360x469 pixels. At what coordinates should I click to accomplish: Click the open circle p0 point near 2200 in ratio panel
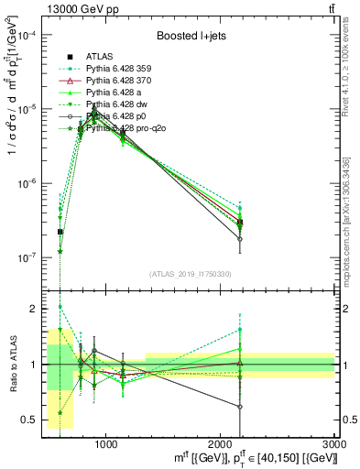(240, 407)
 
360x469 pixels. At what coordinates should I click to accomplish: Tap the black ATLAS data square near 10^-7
(60, 232)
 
